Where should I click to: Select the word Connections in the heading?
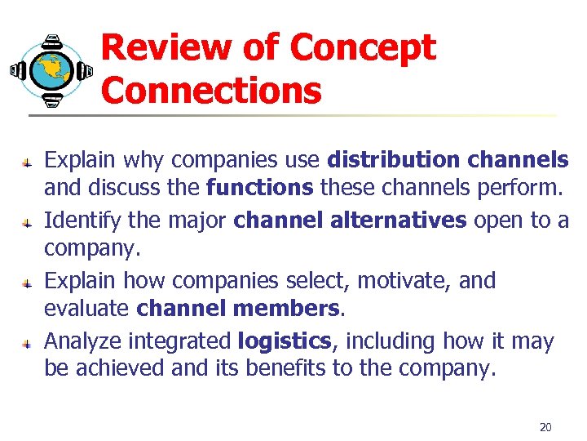[x=211, y=90]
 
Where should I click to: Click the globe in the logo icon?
[x=51, y=70]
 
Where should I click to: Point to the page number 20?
[x=545, y=427]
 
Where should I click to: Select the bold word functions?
[x=259, y=189]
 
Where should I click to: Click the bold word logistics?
[x=284, y=341]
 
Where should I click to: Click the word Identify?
[x=80, y=220]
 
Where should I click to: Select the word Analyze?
[x=83, y=341]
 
